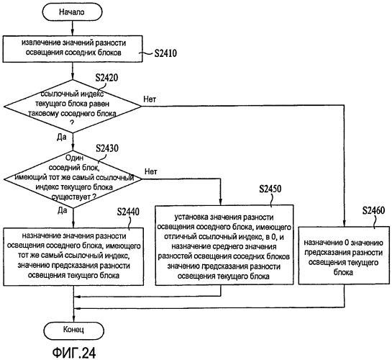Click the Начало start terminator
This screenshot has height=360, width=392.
(x=72, y=12)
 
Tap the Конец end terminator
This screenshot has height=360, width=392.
(x=73, y=330)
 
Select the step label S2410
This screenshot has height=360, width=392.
(x=165, y=53)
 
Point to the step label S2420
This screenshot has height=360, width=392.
(x=106, y=78)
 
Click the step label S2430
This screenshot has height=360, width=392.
(x=107, y=148)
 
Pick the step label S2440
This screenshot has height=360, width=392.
(x=128, y=212)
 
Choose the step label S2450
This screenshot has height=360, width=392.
(x=270, y=189)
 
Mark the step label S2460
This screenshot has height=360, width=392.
(x=373, y=210)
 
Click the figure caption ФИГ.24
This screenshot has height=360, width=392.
(x=74, y=353)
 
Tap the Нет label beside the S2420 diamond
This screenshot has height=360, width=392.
(x=150, y=99)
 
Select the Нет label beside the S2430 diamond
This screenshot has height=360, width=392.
(x=151, y=171)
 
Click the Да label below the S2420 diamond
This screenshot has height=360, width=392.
(x=62, y=137)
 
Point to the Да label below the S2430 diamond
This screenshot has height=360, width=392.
(x=63, y=210)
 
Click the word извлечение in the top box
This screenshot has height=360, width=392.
(x=37, y=42)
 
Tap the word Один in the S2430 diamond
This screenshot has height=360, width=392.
(x=74, y=158)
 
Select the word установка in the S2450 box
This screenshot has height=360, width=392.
(x=191, y=217)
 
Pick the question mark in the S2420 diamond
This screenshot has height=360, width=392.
(x=72, y=123)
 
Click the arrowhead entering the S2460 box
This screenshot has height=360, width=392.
(x=344, y=223)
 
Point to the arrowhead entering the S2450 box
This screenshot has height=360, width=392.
(x=220, y=202)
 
